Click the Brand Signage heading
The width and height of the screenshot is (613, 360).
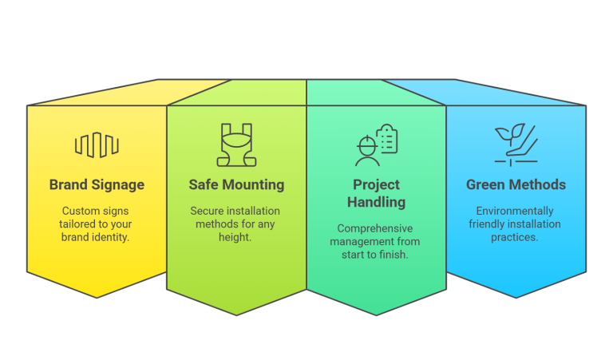click(x=97, y=184)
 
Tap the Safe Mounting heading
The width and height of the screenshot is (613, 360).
click(x=236, y=184)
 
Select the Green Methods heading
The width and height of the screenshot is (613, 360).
click(x=516, y=184)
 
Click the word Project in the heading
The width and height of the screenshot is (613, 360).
click(x=376, y=185)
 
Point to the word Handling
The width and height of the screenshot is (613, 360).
click(x=376, y=202)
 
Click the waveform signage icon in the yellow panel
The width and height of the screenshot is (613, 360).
click(x=97, y=144)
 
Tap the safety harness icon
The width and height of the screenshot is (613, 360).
click(x=236, y=145)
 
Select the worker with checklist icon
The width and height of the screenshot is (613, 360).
click(x=376, y=144)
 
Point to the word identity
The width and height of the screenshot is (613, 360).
click(x=113, y=237)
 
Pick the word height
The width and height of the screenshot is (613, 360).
click(x=236, y=237)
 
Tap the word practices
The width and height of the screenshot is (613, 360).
click(x=516, y=237)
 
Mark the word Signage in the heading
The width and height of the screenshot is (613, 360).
click(x=117, y=184)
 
